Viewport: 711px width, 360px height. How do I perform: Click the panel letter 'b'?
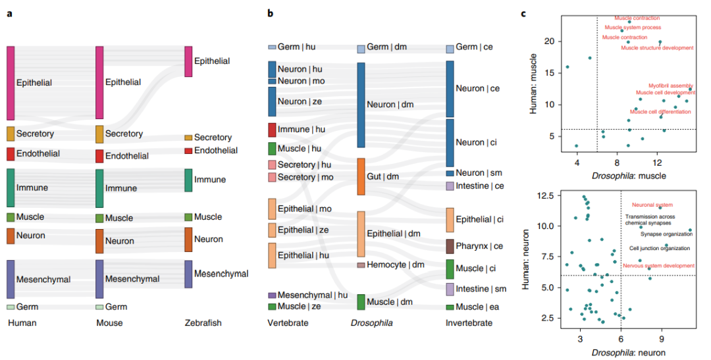270,14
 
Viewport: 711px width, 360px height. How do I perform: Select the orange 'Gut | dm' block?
361,176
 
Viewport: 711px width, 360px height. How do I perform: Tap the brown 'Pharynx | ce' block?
450,246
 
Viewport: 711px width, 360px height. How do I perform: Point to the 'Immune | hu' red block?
272,130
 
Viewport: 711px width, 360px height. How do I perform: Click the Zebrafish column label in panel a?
203,323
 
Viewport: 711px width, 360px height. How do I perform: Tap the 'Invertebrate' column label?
468,323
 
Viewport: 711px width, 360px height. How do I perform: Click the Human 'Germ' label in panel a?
27,307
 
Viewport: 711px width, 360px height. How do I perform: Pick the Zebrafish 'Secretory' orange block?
188,138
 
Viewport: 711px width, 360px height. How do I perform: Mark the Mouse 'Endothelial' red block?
99,156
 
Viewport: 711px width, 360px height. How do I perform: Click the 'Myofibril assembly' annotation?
670,86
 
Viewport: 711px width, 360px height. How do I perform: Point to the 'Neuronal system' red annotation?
652,205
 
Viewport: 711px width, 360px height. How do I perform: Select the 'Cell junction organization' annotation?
660,248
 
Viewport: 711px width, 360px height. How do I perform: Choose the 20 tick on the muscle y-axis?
557,41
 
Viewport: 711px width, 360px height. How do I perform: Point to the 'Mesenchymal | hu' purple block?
272,296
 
